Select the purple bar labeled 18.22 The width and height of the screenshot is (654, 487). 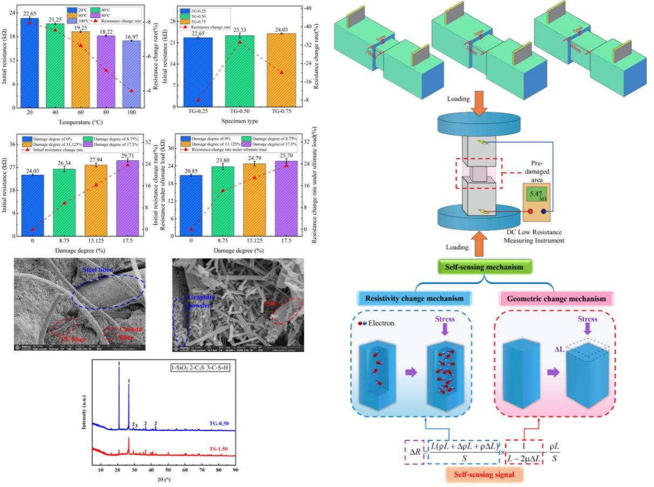(x=106, y=70)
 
